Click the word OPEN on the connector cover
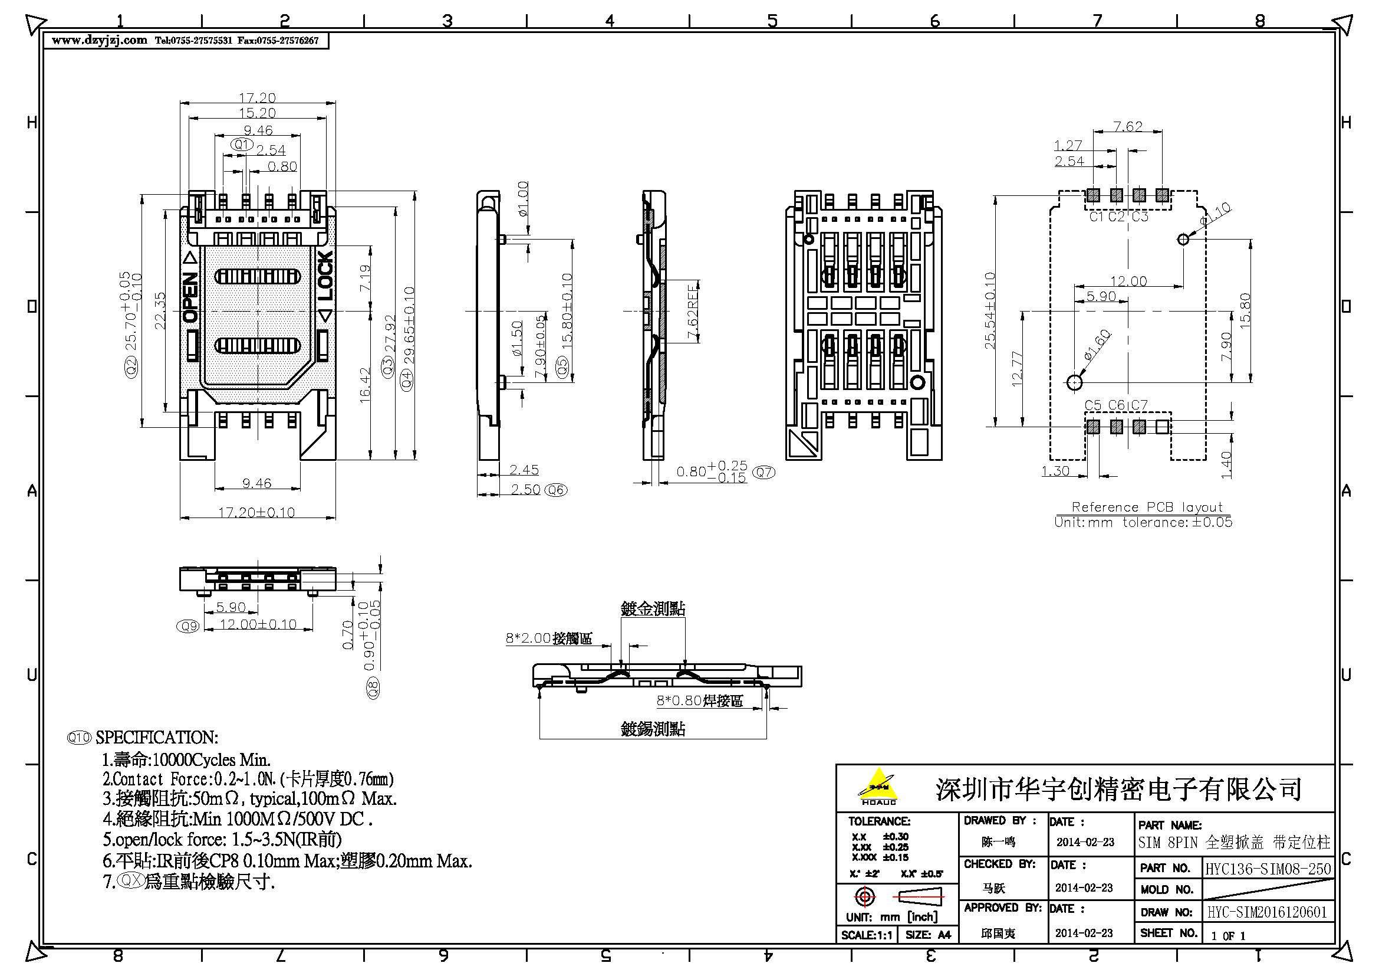pyautogui.click(x=190, y=297)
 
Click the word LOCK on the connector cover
pyautogui.click(x=325, y=276)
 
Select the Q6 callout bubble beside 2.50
pyautogui.click(x=555, y=490)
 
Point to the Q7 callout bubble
pyautogui.click(x=763, y=473)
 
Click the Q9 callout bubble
pyautogui.click(x=189, y=626)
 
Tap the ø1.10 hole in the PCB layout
pyautogui.click(x=1183, y=239)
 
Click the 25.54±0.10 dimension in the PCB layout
pyautogui.click(x=990, y=310)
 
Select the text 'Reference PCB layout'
pyautogui.click(x=1147, y=507)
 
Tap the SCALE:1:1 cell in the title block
pyautogui.click(x=867, y=935)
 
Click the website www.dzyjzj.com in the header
pyautogui.click(x=99, y=41)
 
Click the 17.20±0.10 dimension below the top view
pyautogui.click(x=256, y=513)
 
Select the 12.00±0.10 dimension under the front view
pyautogui.click(x=258, y=624)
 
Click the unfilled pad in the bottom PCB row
pyautogui.click(x=1162, y=427)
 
